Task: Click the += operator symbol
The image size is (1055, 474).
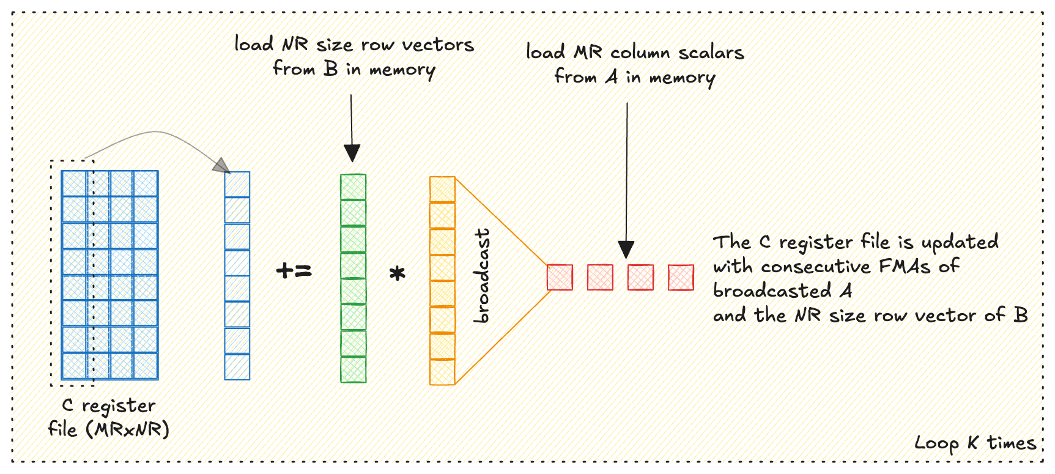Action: point(294,270)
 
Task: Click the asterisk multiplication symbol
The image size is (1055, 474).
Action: point(398,273)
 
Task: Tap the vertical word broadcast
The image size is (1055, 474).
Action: point(483,276)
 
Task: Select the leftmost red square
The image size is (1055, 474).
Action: point(560,277)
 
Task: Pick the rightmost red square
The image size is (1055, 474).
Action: point(681,277)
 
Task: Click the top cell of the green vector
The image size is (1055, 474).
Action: point(354,187)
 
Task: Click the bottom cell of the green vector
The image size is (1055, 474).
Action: point(354,370)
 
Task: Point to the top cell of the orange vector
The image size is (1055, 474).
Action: point(442,189)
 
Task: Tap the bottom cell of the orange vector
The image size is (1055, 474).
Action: point(442,372)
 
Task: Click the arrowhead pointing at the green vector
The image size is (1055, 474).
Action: point(352,153)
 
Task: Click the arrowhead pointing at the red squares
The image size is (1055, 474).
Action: point(626,250)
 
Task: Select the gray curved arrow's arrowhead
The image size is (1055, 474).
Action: point(222,166)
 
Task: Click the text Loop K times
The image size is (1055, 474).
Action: point(975,443)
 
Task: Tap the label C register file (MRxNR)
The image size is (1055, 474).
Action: point(109,417)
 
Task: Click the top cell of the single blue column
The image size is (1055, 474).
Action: point(237,184)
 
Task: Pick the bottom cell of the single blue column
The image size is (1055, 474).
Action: point(237,367)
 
